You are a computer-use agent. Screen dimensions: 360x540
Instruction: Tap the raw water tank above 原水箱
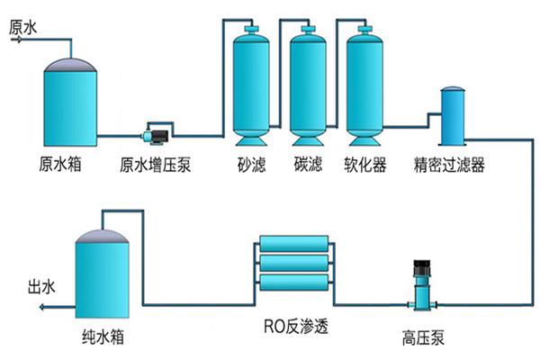click(x=68, y=103)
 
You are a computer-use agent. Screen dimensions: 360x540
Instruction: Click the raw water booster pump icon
click(x=155, y=135)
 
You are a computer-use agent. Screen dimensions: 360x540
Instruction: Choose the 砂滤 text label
click(x=250, y=166)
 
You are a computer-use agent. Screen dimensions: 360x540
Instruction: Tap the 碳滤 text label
click(x=307, y=166)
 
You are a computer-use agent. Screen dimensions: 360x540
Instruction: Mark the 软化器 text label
click(x=365, y=166)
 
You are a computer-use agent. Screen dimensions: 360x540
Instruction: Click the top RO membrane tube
click(x=296, y=244)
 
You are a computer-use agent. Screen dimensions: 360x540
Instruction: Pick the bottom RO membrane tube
click(x=296, y=284)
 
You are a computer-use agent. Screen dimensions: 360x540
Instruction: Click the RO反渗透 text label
click(x=298, y=325)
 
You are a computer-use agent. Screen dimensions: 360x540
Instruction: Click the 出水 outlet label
click(x=43, y=288)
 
